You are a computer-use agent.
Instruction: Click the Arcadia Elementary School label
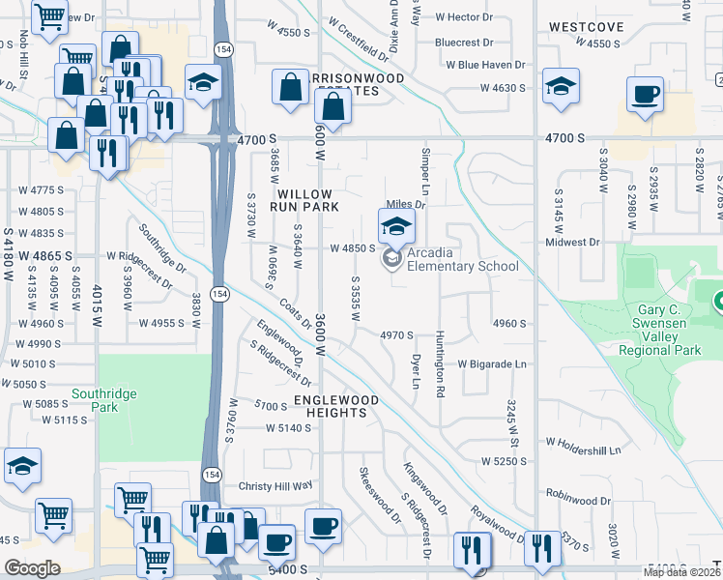[462, 259]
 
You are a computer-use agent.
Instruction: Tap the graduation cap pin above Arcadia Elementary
[396, 227]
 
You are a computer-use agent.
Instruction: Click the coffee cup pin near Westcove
[645, 95]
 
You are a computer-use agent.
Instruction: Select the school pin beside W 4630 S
[561, 86]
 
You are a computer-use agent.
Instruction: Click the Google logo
[32, 568]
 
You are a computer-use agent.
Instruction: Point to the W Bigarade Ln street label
[492, 364]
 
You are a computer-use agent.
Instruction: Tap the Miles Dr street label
[406, 205]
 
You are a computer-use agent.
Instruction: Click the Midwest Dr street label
[572, 242]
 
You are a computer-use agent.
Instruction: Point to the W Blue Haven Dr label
[485, 65]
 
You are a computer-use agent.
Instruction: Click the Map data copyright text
[682, 572]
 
